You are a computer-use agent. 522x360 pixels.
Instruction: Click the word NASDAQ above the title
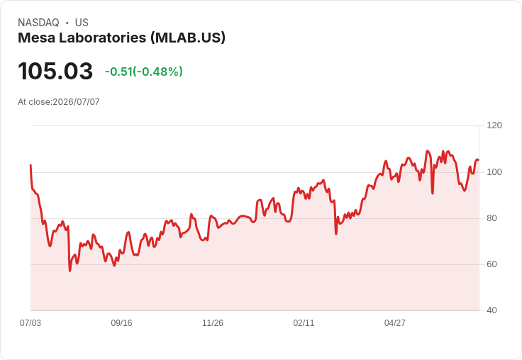coord(38,23)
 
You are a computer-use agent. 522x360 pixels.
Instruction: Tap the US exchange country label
coord(82,23)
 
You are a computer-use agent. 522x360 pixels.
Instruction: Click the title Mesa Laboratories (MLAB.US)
coord(121,38)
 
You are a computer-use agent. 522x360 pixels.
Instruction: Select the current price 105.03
coord(55,71)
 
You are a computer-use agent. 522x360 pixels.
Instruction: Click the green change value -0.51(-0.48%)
coord(144,72)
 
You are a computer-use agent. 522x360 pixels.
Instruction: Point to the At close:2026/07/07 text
coord(59,102)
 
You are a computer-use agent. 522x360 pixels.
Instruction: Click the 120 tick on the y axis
coord(494,125)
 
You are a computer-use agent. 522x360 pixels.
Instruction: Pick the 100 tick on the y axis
coord(494,172)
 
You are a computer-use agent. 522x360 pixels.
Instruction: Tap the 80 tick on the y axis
coord(492,218)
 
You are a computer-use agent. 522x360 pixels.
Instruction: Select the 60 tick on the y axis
coord(492,264)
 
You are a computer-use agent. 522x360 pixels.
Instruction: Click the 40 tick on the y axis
coord(492,310)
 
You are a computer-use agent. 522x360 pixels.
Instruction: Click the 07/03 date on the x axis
coord(30,323)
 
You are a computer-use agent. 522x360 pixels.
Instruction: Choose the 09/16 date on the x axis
coord(121,323)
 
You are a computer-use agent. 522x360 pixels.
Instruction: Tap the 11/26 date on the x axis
coord(213,323)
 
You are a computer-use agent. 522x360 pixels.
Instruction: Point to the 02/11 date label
coord(304,323)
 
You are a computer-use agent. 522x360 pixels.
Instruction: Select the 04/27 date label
coord(395,323)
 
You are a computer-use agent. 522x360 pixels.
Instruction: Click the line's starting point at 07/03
coord(30,164)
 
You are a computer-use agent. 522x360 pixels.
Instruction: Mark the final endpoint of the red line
coord(479,160)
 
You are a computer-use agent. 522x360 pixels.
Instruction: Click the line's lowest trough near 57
coord(70,271)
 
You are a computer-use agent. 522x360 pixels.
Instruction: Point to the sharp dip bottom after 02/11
coord(336,235)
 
